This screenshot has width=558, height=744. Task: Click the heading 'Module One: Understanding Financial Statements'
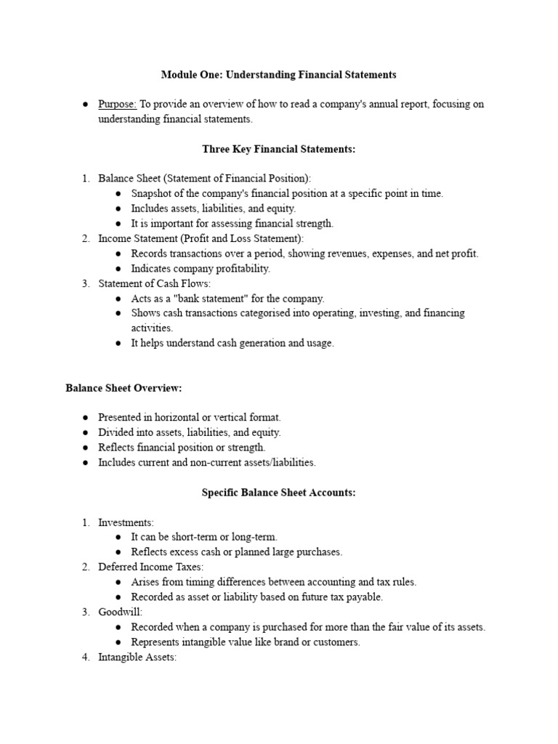[278, 75]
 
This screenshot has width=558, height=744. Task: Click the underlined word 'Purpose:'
[117, 105]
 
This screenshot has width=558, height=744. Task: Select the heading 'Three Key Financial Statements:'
[278, 149]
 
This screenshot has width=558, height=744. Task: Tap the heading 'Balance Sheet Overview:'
[124, 388]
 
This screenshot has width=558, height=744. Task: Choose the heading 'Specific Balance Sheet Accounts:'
[278, 493]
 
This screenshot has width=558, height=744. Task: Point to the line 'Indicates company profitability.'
[200, 269]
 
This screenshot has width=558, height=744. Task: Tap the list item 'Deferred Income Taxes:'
[151, 567]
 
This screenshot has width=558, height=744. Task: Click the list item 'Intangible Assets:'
[137, 658]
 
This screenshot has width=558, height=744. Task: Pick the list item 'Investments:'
[126, 522]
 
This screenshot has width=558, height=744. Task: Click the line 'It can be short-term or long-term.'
[204, 537]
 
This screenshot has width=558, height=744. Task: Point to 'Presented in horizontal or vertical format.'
[189, 418]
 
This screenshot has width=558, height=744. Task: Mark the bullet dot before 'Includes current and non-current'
[85, 463]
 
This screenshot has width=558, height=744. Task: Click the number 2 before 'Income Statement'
[85, 238]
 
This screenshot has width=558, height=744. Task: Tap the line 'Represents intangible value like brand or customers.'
[246, 642]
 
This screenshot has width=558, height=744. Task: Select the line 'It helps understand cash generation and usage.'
[232, 344]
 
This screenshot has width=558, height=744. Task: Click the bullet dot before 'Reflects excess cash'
[118, 552]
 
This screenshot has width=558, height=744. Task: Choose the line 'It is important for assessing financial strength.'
[232, 224]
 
